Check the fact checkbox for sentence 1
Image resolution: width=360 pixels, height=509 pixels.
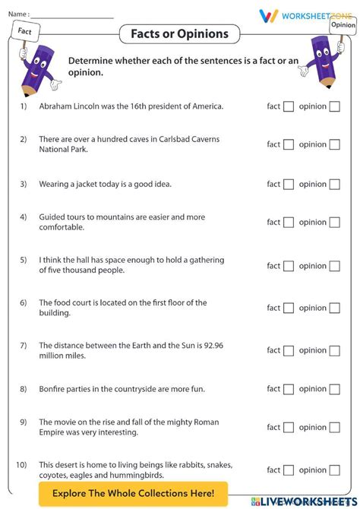coord(289,106)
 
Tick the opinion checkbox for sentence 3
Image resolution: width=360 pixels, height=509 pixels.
coord(334,184)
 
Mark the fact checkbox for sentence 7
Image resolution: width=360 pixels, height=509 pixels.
coord(289,350)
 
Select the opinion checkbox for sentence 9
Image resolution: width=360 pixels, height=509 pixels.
coord(334,427)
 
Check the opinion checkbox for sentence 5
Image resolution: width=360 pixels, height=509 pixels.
coord(334,266)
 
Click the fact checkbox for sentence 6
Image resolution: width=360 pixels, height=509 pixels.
coord(289,308)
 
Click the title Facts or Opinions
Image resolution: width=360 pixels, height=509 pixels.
coord(179,33)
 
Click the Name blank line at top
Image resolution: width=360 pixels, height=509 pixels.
coord(72,14)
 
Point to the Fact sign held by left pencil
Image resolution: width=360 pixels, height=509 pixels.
coord(25,32)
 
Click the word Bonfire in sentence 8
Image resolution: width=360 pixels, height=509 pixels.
coord(53,389)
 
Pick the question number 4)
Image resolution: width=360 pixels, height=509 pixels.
coord(24,217)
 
